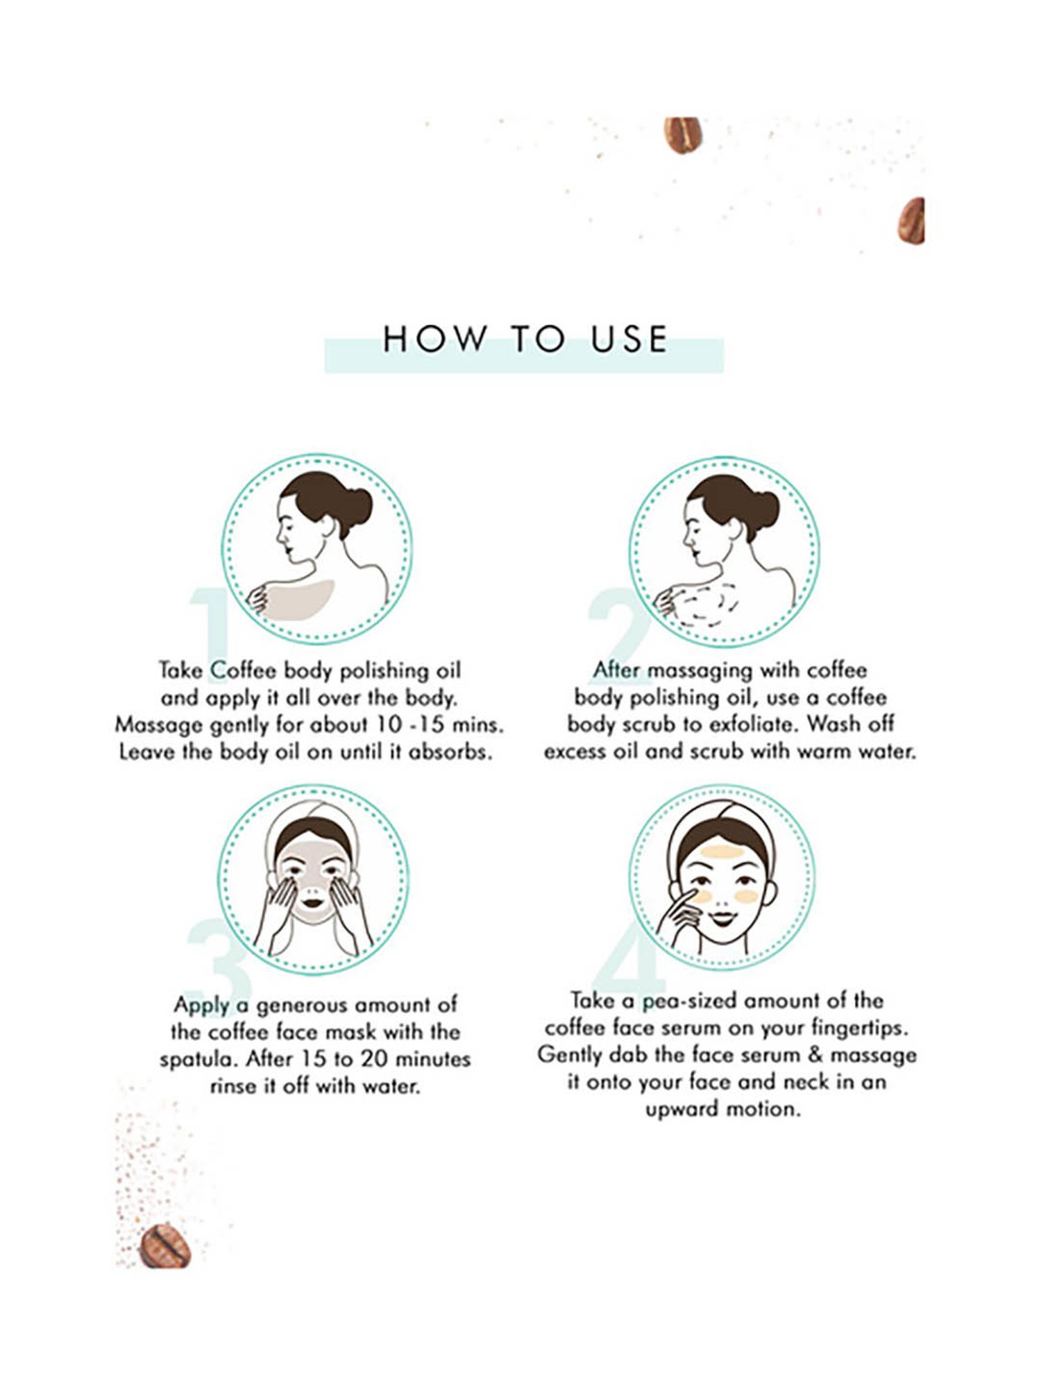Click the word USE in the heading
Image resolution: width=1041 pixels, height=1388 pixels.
(629, 339)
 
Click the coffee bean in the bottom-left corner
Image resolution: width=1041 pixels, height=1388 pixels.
(165, 1246)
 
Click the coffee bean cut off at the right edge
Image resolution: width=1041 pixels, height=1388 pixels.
(912, 220)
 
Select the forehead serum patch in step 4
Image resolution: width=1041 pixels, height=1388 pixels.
(723, 852)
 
